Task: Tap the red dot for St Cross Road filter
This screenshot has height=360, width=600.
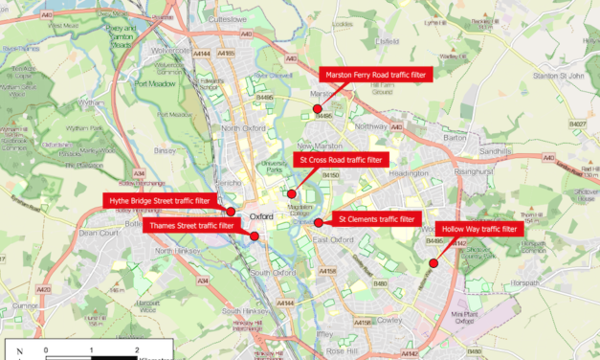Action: point(292,193)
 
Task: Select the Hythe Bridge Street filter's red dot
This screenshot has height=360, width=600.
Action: point(231,212)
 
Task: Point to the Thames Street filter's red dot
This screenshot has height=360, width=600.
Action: point(254,236)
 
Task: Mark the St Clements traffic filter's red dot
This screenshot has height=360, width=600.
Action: point(318,223)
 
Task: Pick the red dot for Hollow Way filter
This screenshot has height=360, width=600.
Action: point(433,262)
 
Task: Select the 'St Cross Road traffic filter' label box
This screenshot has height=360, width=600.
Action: point(339,160)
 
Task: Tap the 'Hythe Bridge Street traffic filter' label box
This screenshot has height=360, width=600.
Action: point(160,200)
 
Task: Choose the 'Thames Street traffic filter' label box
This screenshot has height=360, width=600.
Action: point(189,225)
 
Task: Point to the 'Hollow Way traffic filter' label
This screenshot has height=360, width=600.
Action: point(478,229)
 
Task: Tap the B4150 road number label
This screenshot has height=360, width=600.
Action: point(331,176)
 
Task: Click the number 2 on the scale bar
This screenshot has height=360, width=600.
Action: point(137,350)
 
